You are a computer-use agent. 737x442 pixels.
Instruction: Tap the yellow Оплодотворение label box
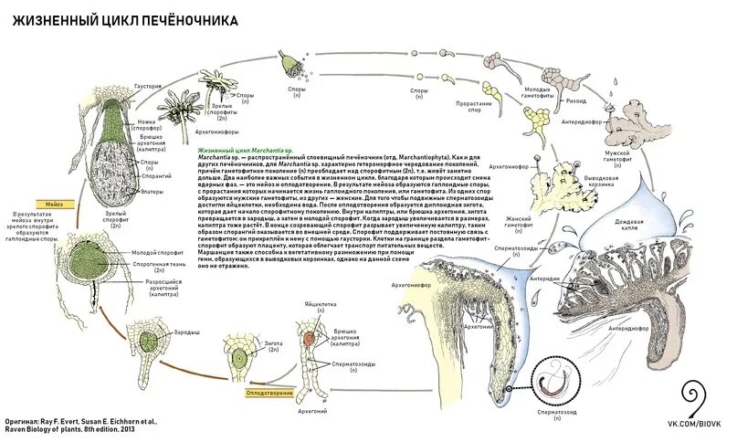pyautogui.click(x=268, y=393)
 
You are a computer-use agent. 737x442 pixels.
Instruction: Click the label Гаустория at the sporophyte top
pyautogui.click(x=149, y=86)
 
